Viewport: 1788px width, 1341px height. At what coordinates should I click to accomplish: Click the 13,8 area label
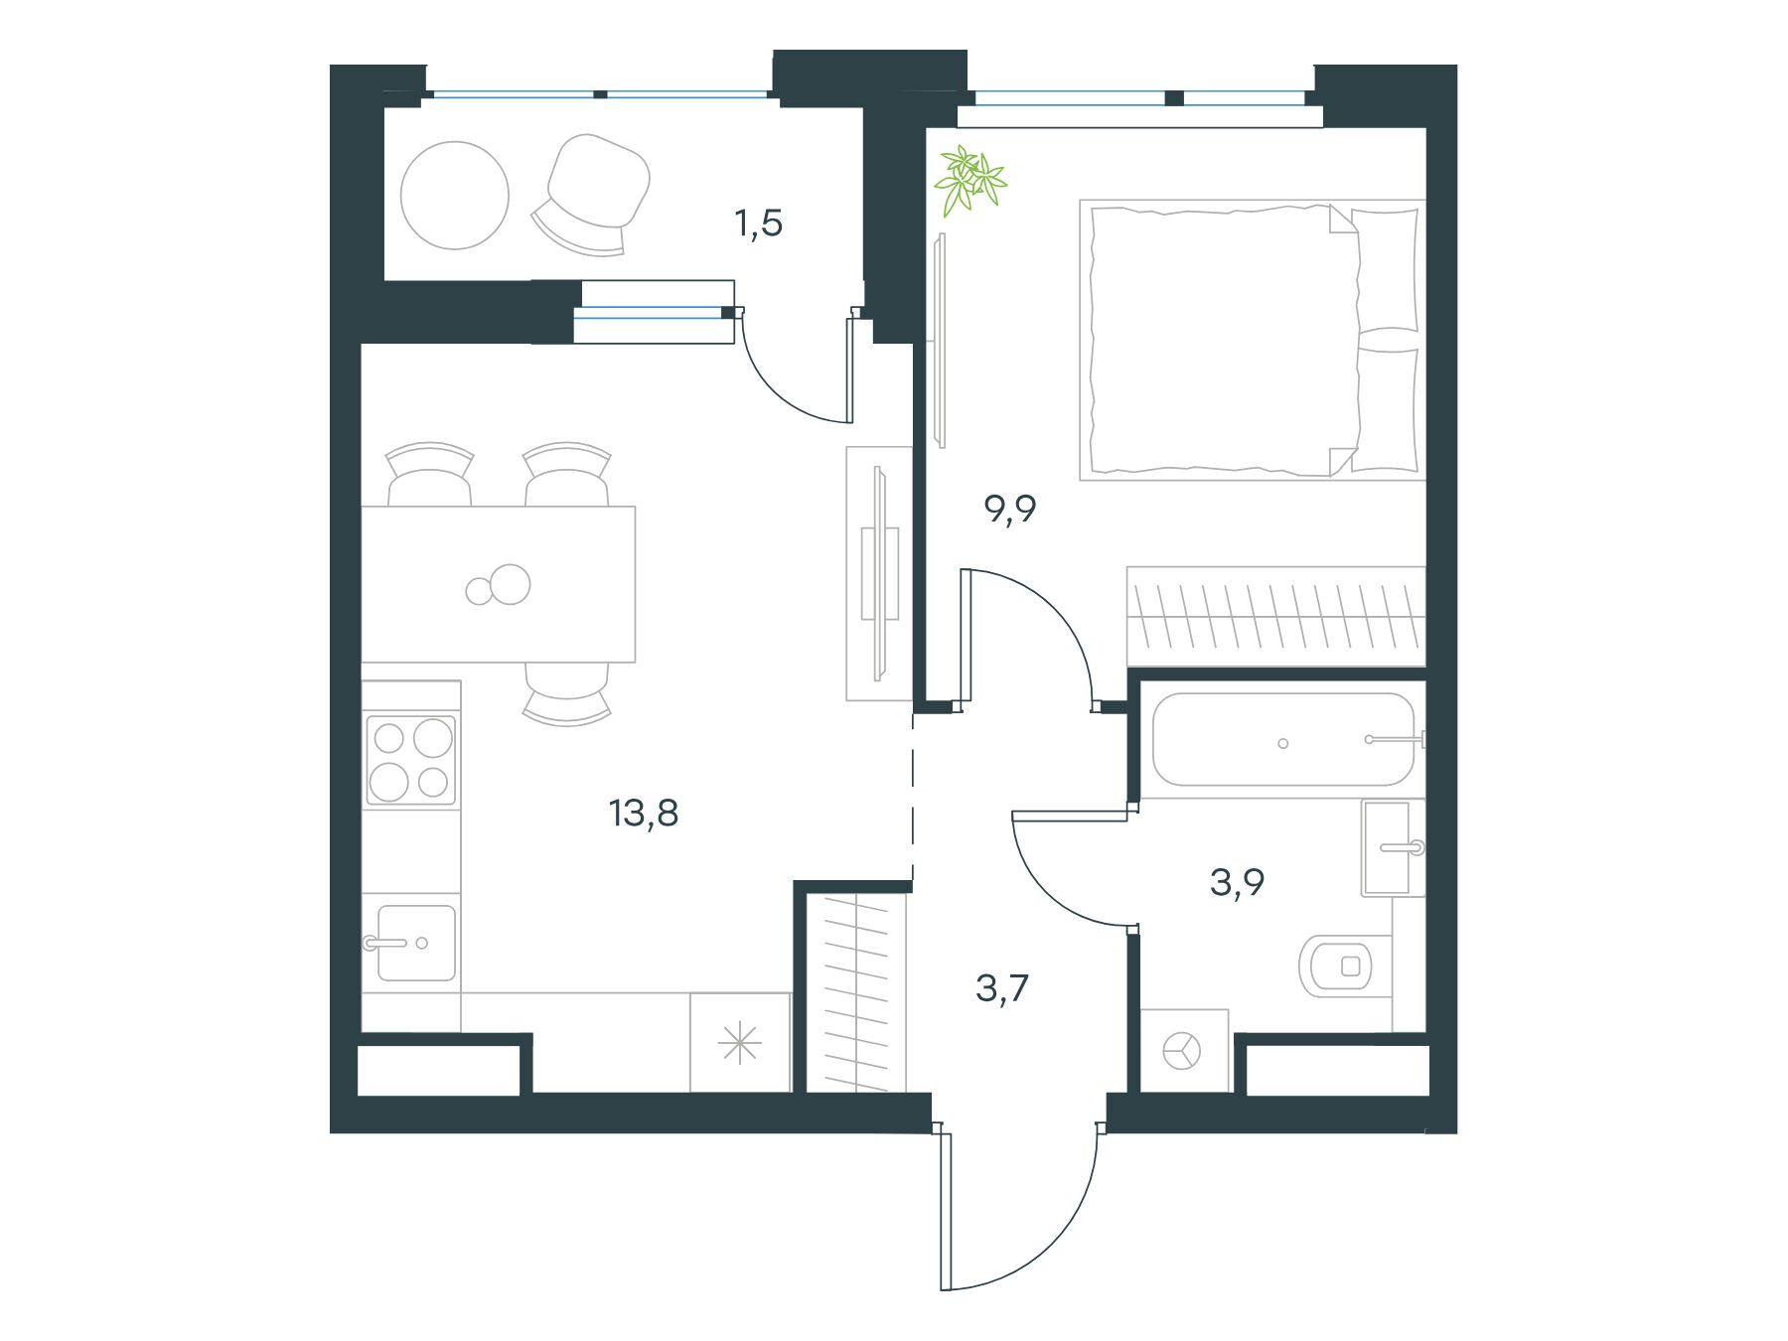point(644,815)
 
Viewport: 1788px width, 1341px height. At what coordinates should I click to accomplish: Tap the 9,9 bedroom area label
point(1010,510)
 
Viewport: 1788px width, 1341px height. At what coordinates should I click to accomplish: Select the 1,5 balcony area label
point(759,224)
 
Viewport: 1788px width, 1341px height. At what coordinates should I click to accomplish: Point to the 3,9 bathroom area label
point(1237,882)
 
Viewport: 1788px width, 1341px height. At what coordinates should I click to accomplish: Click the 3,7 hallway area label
point(1002,989)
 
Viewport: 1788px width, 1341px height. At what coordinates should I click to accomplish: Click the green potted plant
point(968,180)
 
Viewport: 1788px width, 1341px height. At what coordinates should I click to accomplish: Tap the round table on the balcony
point(455,195)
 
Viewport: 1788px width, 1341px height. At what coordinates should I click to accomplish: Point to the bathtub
point(1282,741)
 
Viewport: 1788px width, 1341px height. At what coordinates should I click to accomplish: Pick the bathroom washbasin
point(1393,847)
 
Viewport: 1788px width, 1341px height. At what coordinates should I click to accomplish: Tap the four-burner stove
point(411,760)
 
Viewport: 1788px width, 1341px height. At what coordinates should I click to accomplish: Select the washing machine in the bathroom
point(1184,1051)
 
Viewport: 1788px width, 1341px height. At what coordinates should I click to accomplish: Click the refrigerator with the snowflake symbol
point(740,1043)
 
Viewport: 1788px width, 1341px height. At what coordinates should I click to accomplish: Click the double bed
point(1252,341)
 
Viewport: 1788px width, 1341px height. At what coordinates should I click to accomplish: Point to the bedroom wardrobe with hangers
point(1275,617)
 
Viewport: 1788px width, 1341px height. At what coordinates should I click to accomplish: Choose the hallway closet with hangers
point(856,993)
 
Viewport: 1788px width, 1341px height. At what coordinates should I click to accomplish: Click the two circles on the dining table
point(499,586)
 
